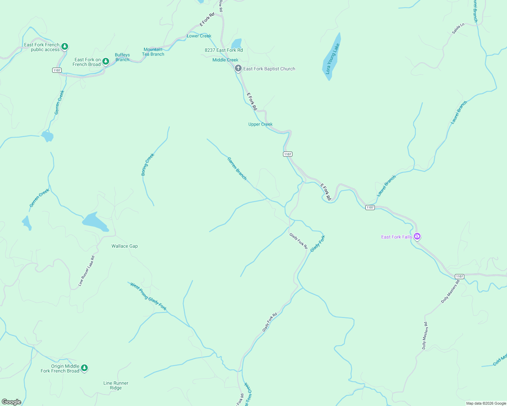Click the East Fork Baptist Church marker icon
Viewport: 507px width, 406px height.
coord(238,68)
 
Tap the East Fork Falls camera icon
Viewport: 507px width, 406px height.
coord(417,236)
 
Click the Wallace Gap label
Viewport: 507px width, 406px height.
coord(125,246)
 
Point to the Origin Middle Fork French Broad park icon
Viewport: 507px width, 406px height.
coord(84,368)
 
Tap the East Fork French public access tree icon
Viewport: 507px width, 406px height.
coord(65,46)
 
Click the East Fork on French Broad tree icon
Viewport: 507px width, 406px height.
coord(106,61)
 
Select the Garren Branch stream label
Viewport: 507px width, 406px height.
coord(237,168)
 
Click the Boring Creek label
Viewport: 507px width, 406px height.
coord(147,164)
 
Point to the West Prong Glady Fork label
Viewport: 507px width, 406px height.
coord(148,297)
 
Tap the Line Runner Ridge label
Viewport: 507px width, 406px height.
coord(116,385)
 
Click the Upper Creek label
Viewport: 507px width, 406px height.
coord(260,124)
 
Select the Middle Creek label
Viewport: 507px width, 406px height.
coord(225,60)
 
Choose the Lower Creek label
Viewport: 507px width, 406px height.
coord(199,36)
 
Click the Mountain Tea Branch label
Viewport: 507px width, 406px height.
coord(153,52)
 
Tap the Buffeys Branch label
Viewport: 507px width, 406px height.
coord(122,57)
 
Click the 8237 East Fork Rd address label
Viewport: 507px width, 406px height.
coord(224,50)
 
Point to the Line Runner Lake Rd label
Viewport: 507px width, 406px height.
coord(86,271)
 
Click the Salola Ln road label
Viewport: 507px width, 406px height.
coord(458,29)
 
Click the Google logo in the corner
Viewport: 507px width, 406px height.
coord(12,402)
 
